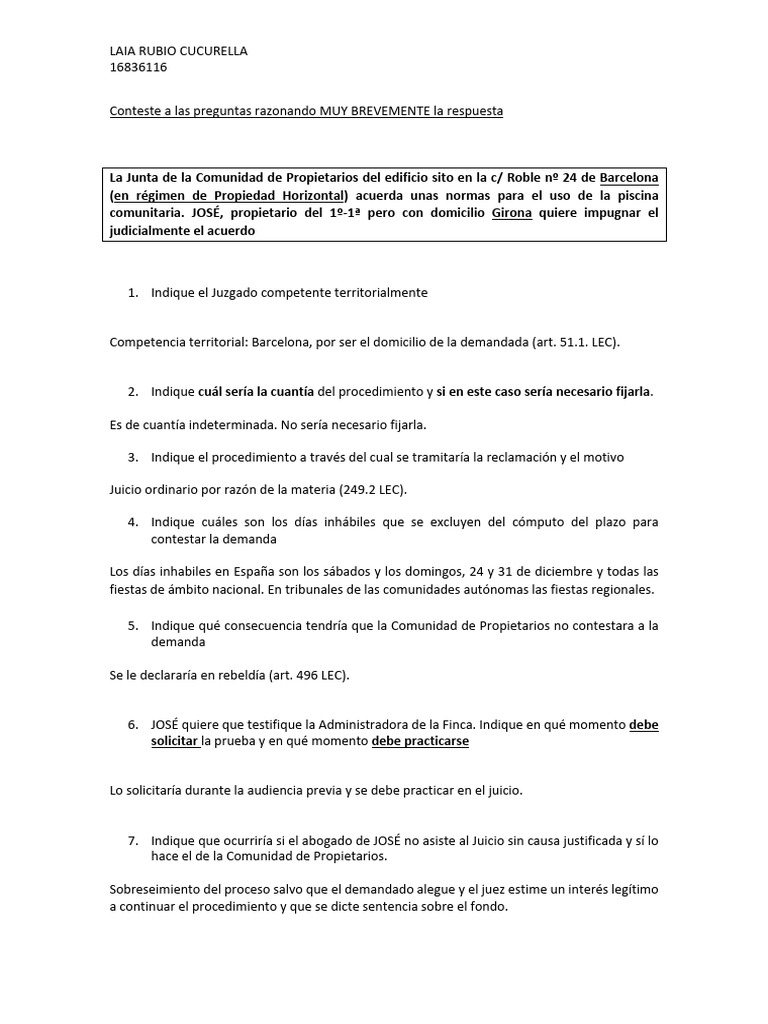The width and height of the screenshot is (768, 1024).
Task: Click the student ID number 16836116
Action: click(x=138, y=68)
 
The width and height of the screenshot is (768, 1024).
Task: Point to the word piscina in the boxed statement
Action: click(x=634, y=194)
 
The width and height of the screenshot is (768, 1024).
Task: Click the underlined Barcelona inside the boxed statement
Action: click(x=629, y=176)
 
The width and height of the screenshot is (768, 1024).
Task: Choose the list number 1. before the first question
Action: click(x=133, y=293)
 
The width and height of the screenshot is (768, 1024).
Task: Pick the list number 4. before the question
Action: click(x=133, y=522)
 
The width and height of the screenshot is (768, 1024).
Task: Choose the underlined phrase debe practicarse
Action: click(x=420, y=742)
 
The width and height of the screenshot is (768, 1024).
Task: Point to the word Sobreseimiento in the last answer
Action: click(x=158, y=889)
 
